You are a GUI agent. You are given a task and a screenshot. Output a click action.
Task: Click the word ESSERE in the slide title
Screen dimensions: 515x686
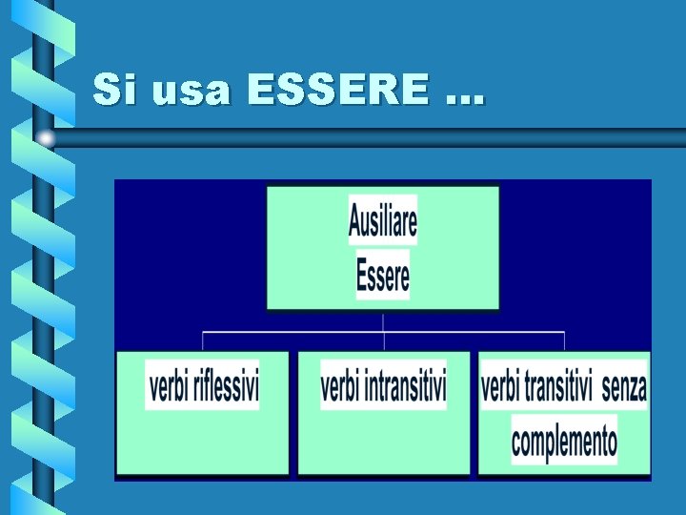[337, 91]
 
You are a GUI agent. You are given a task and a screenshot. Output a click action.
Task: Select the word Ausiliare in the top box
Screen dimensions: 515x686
[383, 221]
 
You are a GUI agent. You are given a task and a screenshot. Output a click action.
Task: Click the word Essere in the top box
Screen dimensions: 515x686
[383, 276]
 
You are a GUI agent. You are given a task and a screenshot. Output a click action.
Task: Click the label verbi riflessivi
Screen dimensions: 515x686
[203, 387]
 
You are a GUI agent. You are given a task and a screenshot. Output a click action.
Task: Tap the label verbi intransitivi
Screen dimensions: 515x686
[383, 387]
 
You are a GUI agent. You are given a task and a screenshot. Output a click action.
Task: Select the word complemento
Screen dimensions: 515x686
[564, 442]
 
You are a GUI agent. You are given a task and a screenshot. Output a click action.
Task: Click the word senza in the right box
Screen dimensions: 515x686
[624, 387]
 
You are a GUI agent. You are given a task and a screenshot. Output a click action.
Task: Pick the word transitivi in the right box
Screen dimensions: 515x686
[558, 387]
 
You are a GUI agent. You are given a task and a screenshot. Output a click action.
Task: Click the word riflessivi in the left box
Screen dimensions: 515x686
[226, 387]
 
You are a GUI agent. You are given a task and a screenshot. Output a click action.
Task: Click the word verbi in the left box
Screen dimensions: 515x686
[169, 387]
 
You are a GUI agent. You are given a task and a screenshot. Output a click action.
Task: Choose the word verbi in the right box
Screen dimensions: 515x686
[501, 387]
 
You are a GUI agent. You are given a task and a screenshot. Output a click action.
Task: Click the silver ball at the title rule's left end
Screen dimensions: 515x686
[45, 138]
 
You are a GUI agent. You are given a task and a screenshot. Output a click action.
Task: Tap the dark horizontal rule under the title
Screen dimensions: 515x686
[381, 137]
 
